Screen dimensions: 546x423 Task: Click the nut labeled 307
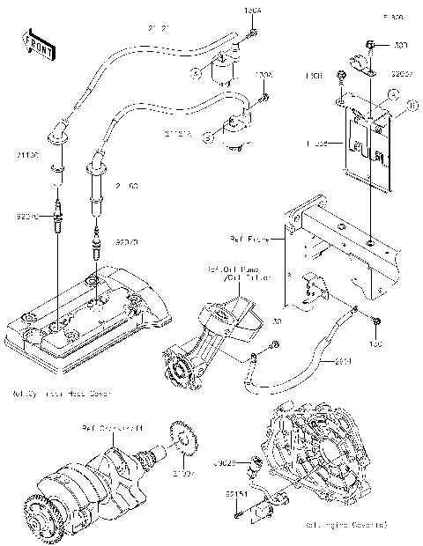click(x=374, y=43)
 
